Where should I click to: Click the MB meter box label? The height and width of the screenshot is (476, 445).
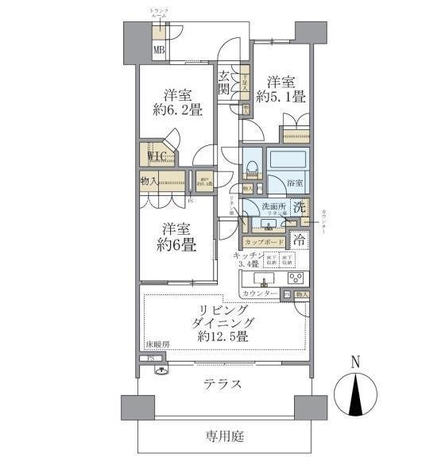[x=160, y=52]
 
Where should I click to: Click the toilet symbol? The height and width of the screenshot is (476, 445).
[x=251, y=167]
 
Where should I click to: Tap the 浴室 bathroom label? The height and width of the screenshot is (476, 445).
[x=295, y=183]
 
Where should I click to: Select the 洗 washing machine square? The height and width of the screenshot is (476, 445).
[x=299, y=209]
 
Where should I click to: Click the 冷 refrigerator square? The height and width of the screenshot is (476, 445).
[x=299, y=238]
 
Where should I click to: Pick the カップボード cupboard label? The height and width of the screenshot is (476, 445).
[x=264, y=241]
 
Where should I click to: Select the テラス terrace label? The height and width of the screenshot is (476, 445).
[x=222, y=384]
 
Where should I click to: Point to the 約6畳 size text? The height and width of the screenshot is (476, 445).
[x=176, y=244]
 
